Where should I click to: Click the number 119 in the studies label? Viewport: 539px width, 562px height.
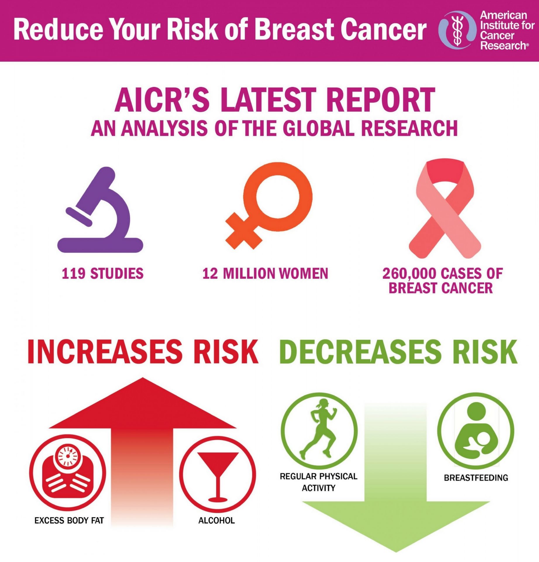click(x=73, y=274)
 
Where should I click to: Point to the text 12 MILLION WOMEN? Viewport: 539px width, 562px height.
click(x=265, y=274)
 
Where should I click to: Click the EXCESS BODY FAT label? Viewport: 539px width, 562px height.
click(x=69, y=521)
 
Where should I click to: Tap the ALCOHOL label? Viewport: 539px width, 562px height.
click(x=217, y=521)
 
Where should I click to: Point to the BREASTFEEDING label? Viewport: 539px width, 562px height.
click(x=476, y=478)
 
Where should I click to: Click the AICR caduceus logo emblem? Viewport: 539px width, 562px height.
click(x=457, y=30)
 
